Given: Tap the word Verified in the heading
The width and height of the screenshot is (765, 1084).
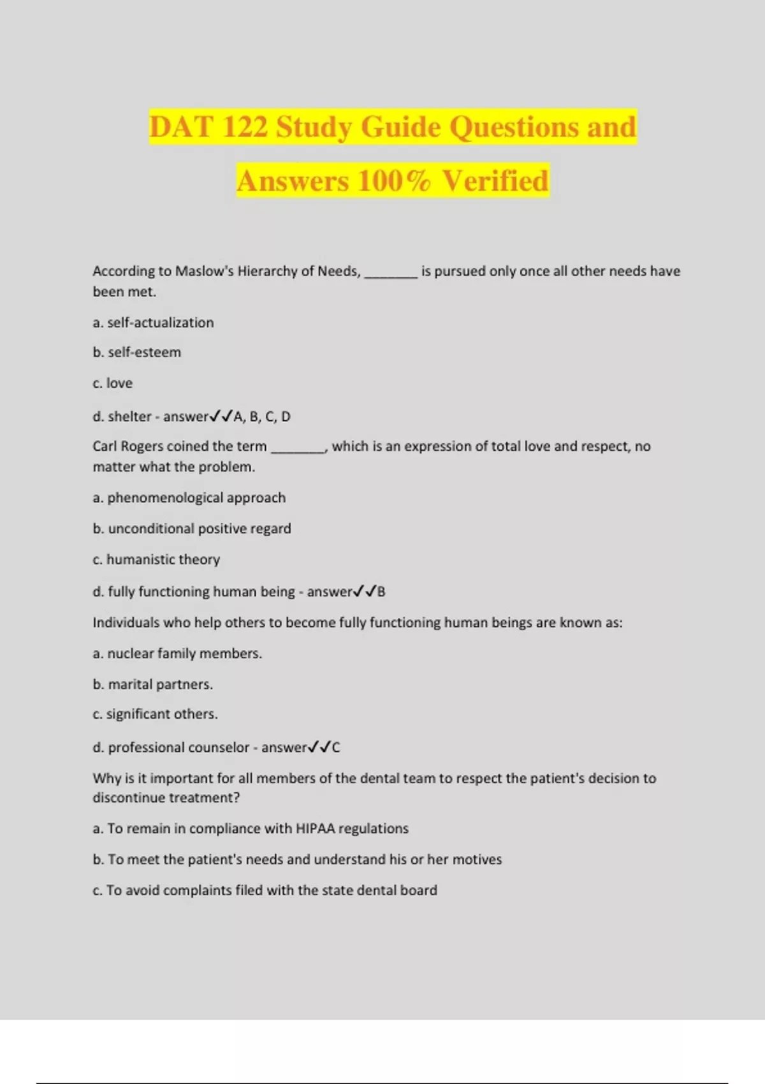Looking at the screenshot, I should coord(495,180).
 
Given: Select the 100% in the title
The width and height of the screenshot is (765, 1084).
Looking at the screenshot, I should coord(394,180).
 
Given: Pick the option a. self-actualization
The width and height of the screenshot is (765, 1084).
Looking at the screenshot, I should coord(153,323).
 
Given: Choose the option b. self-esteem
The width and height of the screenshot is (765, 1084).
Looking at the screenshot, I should coord(137,353).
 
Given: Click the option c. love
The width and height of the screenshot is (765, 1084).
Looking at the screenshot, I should coord(113,383).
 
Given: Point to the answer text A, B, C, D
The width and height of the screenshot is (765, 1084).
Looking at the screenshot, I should coord(262,417).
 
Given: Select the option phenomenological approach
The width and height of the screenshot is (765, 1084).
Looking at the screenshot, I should coord(196,498).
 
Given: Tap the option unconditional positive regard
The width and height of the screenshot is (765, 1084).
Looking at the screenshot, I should coord(199,529).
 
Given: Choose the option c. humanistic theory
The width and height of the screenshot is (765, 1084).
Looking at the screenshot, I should coord(156,559).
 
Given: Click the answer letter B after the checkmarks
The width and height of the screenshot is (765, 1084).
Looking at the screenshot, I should coord(381,592).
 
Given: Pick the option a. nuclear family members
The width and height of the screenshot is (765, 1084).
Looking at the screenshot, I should coord(177,654).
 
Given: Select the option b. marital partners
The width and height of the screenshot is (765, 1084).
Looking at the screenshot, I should coord(153,685).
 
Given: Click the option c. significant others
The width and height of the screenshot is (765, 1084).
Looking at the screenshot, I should coord(155,714).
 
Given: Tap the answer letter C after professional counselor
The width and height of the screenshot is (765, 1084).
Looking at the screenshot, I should coord(336,748).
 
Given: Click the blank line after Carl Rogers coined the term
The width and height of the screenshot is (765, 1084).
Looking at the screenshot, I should coord(298,448).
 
